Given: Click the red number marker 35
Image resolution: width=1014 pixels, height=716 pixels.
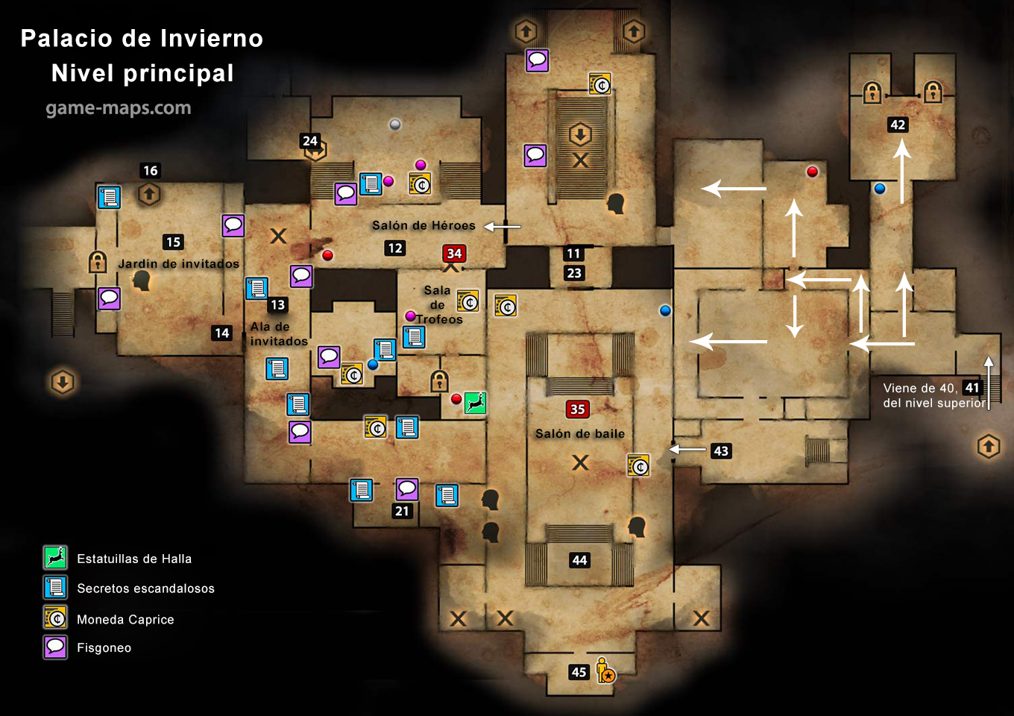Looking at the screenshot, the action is pos(577,409).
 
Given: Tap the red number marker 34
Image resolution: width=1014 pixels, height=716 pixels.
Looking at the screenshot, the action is pos(454,253).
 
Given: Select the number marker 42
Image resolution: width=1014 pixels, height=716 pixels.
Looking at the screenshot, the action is pos(898,125).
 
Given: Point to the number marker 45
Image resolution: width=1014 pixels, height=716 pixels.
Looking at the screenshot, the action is pos(579,672).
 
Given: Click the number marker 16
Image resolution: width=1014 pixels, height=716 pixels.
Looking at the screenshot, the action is pos(151,171).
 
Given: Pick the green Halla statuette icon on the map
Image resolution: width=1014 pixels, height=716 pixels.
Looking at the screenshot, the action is pos(476,403).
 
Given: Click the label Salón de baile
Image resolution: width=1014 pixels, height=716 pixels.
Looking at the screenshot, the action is pos(580,434).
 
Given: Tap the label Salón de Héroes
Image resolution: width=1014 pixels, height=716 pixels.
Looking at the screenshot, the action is pos(423,225).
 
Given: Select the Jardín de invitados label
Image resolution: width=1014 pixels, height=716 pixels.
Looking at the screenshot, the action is pos(178,263).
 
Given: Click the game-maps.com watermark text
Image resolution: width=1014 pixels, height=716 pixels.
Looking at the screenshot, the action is pos(119,108).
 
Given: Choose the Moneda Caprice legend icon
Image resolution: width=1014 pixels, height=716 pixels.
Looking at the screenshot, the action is pos(55,618).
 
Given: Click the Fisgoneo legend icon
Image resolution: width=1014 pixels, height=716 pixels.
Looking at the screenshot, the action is pos(55,647).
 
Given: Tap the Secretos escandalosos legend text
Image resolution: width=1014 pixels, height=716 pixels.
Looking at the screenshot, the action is pos(146,588).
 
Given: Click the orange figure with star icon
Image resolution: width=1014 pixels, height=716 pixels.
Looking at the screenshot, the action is pos(605,671).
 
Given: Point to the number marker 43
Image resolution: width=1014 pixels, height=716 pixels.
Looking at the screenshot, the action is pos(721,450).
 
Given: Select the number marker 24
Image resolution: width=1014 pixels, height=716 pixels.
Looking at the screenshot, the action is pos(310,141).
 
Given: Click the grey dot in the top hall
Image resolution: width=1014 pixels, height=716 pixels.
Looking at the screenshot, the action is pos(395,125).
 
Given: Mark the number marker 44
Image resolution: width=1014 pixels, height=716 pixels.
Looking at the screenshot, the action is pos(579,560).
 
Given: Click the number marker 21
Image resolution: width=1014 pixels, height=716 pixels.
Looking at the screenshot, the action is pos(402,511).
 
